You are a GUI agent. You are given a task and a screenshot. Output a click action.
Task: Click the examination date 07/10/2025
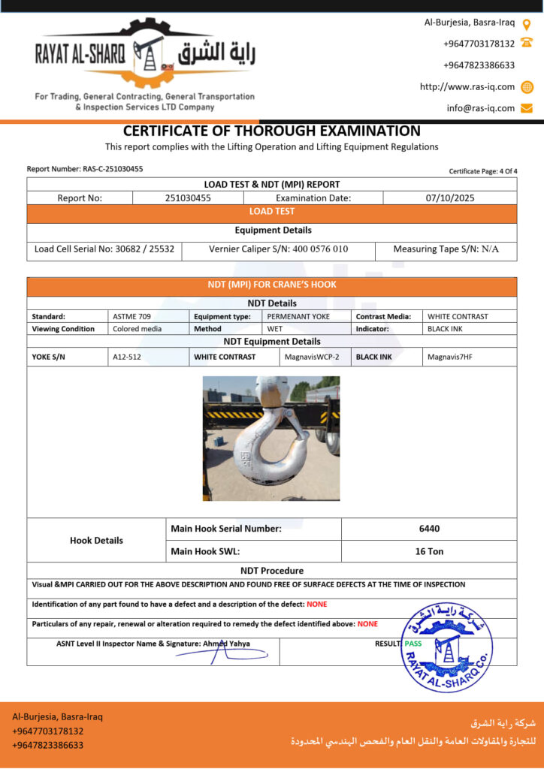point(449,198)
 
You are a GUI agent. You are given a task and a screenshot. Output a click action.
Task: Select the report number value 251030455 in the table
point(188,198)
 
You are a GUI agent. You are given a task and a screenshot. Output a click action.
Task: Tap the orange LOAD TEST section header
point(272,212)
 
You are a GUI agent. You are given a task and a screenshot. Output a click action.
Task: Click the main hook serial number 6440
point(429,529)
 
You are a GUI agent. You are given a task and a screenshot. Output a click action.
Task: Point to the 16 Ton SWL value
point(429,551)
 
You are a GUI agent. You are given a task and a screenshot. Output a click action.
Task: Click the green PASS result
point(413,644)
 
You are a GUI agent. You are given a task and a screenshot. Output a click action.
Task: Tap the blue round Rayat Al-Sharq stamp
point(446,647)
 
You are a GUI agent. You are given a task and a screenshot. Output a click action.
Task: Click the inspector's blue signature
point(218,654)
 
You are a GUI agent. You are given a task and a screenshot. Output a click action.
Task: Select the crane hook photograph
point(270,439)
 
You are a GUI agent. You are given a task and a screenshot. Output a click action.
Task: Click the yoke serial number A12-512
point(127,357)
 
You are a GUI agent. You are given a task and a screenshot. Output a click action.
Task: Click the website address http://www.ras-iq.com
point(467,87)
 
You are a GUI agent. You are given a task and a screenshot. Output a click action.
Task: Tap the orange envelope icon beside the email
point(527,108)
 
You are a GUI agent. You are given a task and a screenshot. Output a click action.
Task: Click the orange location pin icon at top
point(527,23)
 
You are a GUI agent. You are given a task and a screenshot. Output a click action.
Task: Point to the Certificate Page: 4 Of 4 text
point(483,171)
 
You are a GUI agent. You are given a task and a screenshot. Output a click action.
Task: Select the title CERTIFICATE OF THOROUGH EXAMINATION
point(272,131)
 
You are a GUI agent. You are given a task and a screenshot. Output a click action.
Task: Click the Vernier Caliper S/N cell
point(278,249)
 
